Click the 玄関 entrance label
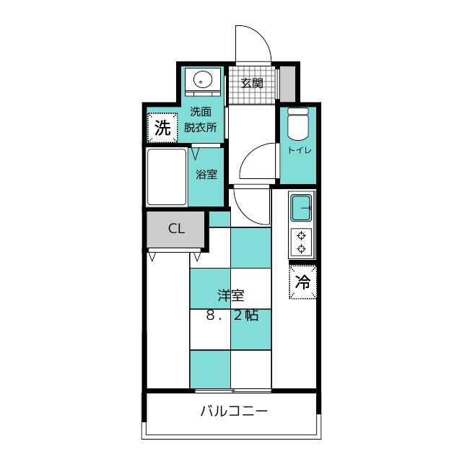(x=252, y=84)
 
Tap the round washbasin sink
(x=203, y=79)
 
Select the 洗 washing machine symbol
(x=162, y=128)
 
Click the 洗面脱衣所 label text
(x=201, y=120)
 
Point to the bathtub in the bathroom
(x=167, y=177)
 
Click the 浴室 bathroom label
(x=206, y=175)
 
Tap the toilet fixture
(x=298, y=124)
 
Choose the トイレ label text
(x=300, y=150)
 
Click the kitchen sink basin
(x=301, y=208)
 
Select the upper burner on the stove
(x=301, y=236)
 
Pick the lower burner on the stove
(x=301, y=249)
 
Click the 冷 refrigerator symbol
(x=302, y=282)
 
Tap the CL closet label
(x=176, y=229)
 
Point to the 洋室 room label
(x=231, y=295)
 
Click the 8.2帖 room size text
(x=232, y=315)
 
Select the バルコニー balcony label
(x=234, y=411)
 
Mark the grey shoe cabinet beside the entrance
(x=287, y=84)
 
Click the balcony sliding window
(x=232, y=391)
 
